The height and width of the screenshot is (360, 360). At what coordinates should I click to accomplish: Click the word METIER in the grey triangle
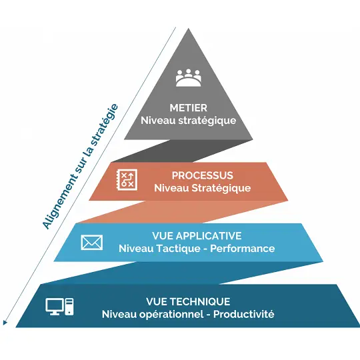pyautogui.click(x=188, y=108)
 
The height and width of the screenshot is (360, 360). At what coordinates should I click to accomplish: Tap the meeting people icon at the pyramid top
pyautogui.click(x=189, y=77)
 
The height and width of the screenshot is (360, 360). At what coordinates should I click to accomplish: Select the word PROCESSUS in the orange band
pyautogui.click(x=203, y=175)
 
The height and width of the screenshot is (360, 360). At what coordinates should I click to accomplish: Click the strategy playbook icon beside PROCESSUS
pyautogui.click(x=127, y=180)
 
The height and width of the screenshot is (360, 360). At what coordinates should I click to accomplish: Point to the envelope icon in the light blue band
pyautogui.click(x=92, y=243)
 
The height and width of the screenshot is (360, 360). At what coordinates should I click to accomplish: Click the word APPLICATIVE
pyautogui.click(x=209, y=236)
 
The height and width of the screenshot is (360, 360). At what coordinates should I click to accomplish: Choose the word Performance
pyautogui.click(x=243, y=249)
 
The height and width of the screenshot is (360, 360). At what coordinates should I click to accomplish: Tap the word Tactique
pyautogui.click(x=177, y=249)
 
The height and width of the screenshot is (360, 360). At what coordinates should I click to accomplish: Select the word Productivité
pyautogui.click(x=243, y=314)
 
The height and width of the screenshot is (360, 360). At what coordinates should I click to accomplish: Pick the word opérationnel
pyautogui.click(x=171, y=315)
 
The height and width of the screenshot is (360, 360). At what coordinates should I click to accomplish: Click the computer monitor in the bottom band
pyautogui.click(x=55, y=307)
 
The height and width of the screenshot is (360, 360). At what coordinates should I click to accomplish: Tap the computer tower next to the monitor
pyautogui.click(x=69, y=307)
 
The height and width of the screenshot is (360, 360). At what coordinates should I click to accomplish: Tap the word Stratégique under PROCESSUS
pyautogui.click(x=221, y=188)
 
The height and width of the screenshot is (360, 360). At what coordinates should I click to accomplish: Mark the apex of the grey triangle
pyautogui.click(x=189, y=29)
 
